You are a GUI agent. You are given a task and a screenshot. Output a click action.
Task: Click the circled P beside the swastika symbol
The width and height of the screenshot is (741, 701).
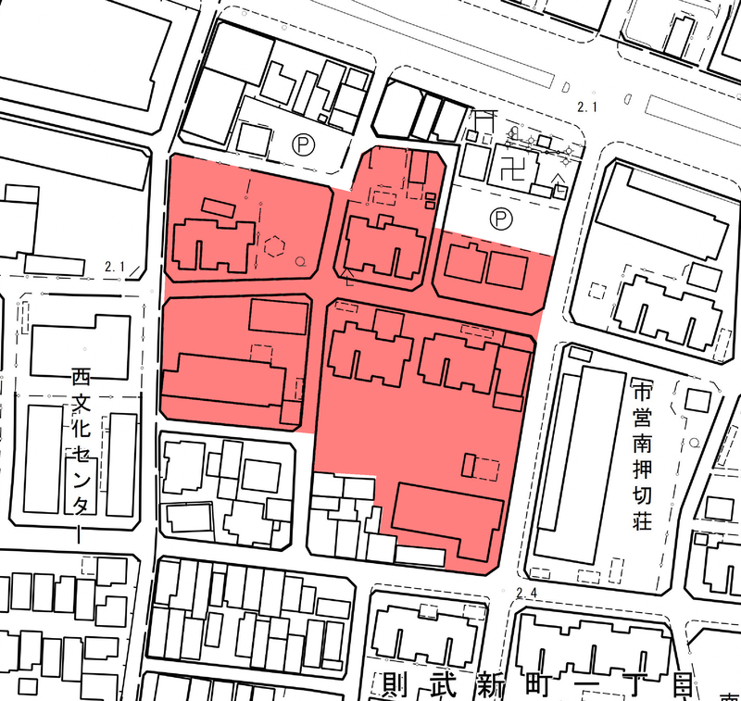pyautogui.click(x=500, y=219)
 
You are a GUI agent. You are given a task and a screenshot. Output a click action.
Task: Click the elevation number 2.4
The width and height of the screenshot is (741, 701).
pyautogui.click(x=528, y=593)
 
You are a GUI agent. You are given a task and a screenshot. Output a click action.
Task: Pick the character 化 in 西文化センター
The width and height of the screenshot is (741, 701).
pyautogui.click(x=82, y=439)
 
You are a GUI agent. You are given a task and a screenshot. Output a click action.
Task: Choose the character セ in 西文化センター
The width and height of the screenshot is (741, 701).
pyautogui.click(x=82, y=470)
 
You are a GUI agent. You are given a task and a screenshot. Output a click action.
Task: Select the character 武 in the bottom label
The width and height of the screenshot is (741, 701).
pyautogui.click(x=443, y=686)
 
